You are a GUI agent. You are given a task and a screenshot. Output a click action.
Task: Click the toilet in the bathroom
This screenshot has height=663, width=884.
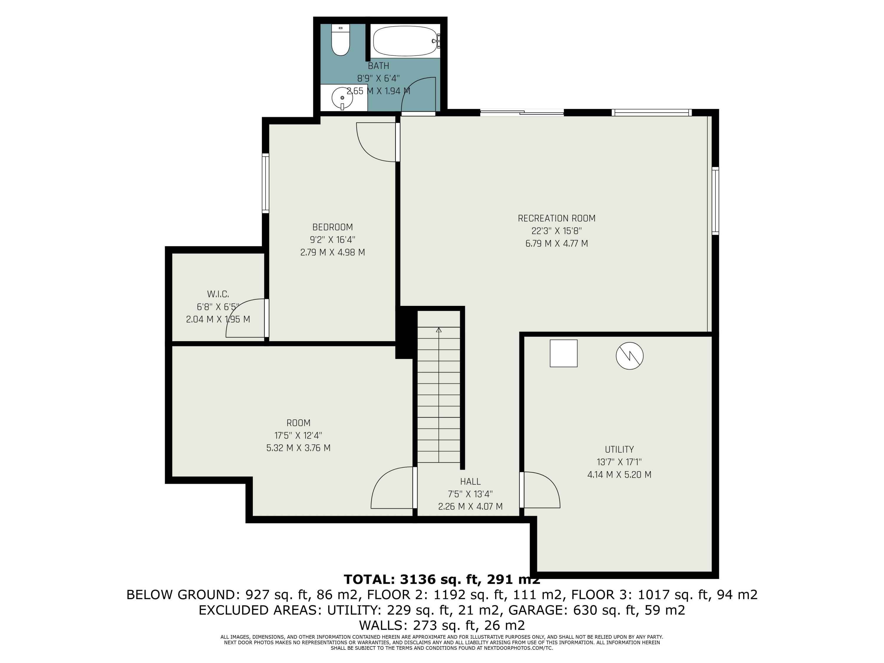[x=341, y=41]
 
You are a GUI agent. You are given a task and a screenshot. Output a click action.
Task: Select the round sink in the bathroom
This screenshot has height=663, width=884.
[x=342, y=98]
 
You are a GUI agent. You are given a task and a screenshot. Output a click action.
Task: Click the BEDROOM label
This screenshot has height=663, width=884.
[x=332, y=227]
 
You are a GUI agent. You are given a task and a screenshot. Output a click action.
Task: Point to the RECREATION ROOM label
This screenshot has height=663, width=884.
[x=556, y=218]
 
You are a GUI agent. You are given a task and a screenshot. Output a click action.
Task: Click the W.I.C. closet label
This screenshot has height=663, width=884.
[x=218, y=294]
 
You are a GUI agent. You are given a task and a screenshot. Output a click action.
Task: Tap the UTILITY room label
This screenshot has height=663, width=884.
[x=619, y=449]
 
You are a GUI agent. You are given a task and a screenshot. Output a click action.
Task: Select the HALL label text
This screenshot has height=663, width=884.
[x=470, y=481]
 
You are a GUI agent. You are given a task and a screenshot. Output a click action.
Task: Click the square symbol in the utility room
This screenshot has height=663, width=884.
[x=563, y=353]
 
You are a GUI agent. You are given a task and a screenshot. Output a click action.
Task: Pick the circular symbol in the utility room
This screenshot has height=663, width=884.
[x=629, y=356]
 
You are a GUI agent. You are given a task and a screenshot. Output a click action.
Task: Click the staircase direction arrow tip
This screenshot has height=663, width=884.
[x=439, y=329]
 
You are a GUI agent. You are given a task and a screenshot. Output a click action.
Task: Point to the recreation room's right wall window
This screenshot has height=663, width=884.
[x=715, y=201]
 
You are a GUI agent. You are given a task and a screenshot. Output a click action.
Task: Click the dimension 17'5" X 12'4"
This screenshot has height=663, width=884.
[x=298, y=435]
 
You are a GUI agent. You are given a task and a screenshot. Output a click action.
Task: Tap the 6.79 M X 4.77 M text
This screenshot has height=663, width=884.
[x=556, y=243]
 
